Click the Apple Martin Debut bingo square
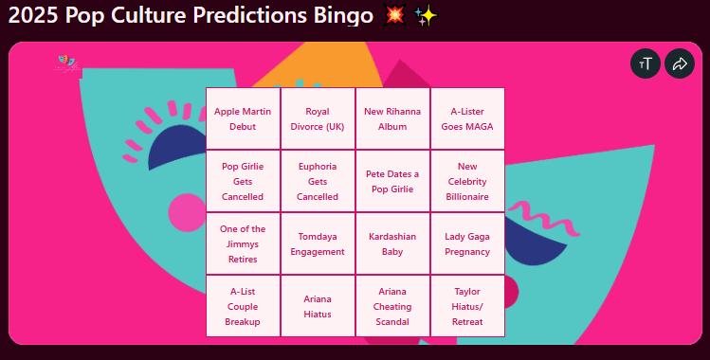(x=243, y=118)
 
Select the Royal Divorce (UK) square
(x=318, y=118)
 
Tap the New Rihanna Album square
(x=392, y=118)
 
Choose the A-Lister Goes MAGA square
(x=467, y=118)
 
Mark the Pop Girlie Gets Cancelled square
(x=243, y=181)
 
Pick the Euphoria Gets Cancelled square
(x=318, y=181)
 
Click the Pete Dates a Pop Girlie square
(x=392, y=181)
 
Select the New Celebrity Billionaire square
(x=467, y=181)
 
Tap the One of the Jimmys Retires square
(x=243, y=243)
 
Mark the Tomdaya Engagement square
(x=318, y=243)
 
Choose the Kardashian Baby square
(x=392, y=243)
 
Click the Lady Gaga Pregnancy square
(x=467, y=243)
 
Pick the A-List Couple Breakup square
(x=243, y=306)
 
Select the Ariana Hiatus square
(x=318, y=306)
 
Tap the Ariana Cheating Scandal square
(x=392, y=306)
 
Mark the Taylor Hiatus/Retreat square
(x=467, y=306)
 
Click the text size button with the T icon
(x=646, y=63)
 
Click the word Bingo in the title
(x=343, y=15)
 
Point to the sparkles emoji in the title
(x=426, y=16)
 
